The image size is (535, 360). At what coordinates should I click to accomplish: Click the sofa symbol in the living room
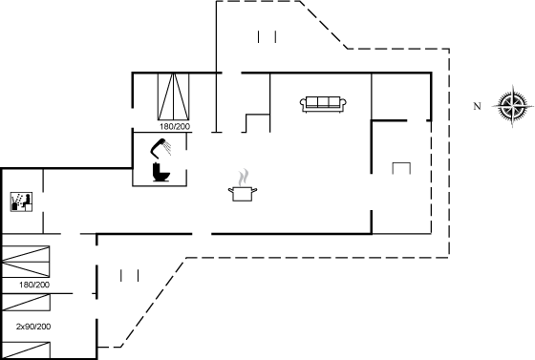pos(323,104)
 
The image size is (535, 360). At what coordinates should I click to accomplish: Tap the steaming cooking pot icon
pos(243,186)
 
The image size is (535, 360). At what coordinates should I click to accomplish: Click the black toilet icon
pos(161,172)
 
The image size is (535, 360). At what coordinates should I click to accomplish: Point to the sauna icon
pos(21,201)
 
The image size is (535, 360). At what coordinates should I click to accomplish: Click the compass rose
pos(513,106)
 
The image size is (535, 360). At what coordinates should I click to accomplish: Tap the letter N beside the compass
pos(477,106)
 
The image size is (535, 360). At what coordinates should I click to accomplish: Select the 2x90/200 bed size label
pos(33,327)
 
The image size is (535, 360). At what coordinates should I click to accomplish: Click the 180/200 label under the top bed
pos(175,126)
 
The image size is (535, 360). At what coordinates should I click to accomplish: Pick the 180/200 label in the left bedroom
pos(34,285)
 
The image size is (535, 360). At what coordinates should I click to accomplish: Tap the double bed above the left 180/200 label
pos(26,262)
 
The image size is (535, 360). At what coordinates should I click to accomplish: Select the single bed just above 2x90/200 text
pos(27,303)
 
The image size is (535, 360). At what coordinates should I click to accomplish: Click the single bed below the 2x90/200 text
pos(27,350)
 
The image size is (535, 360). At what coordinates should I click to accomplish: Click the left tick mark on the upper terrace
pos(259,37)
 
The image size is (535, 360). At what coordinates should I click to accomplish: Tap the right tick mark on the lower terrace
pos(139,275)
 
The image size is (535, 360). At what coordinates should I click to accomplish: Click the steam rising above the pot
pos(244,178)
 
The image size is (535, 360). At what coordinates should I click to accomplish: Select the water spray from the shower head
pos(167,148)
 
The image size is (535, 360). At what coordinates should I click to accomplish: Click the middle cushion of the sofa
pos(323,102)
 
